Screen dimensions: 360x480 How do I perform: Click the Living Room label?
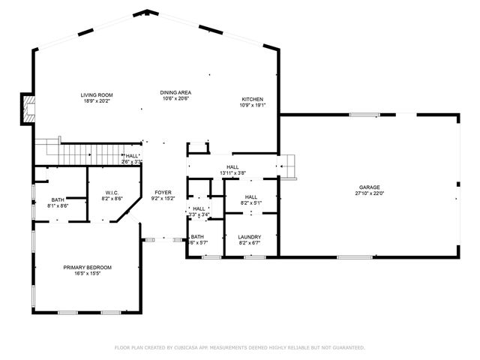[x=96, y=94]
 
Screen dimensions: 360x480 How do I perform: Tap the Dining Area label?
[x=175, y=92]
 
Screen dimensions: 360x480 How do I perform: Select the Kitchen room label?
[x=252, y=99]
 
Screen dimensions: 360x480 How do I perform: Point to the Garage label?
[x=368, y=187]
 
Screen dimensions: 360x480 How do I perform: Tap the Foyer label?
[x=163, y=193]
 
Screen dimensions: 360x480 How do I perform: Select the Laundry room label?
[x=249, y=237]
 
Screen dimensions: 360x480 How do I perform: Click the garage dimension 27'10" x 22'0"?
[x=368, y=193]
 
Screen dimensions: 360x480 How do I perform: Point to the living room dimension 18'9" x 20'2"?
[x=96, y=100]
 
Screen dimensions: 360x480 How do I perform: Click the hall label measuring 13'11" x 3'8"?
[x=232, y=167]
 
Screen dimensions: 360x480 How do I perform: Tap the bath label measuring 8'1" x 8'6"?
[x=58, y=199]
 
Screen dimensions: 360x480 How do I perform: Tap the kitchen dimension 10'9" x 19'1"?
[x=252, y=105]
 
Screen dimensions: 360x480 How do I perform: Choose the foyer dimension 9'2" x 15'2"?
[x=163, y=199]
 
